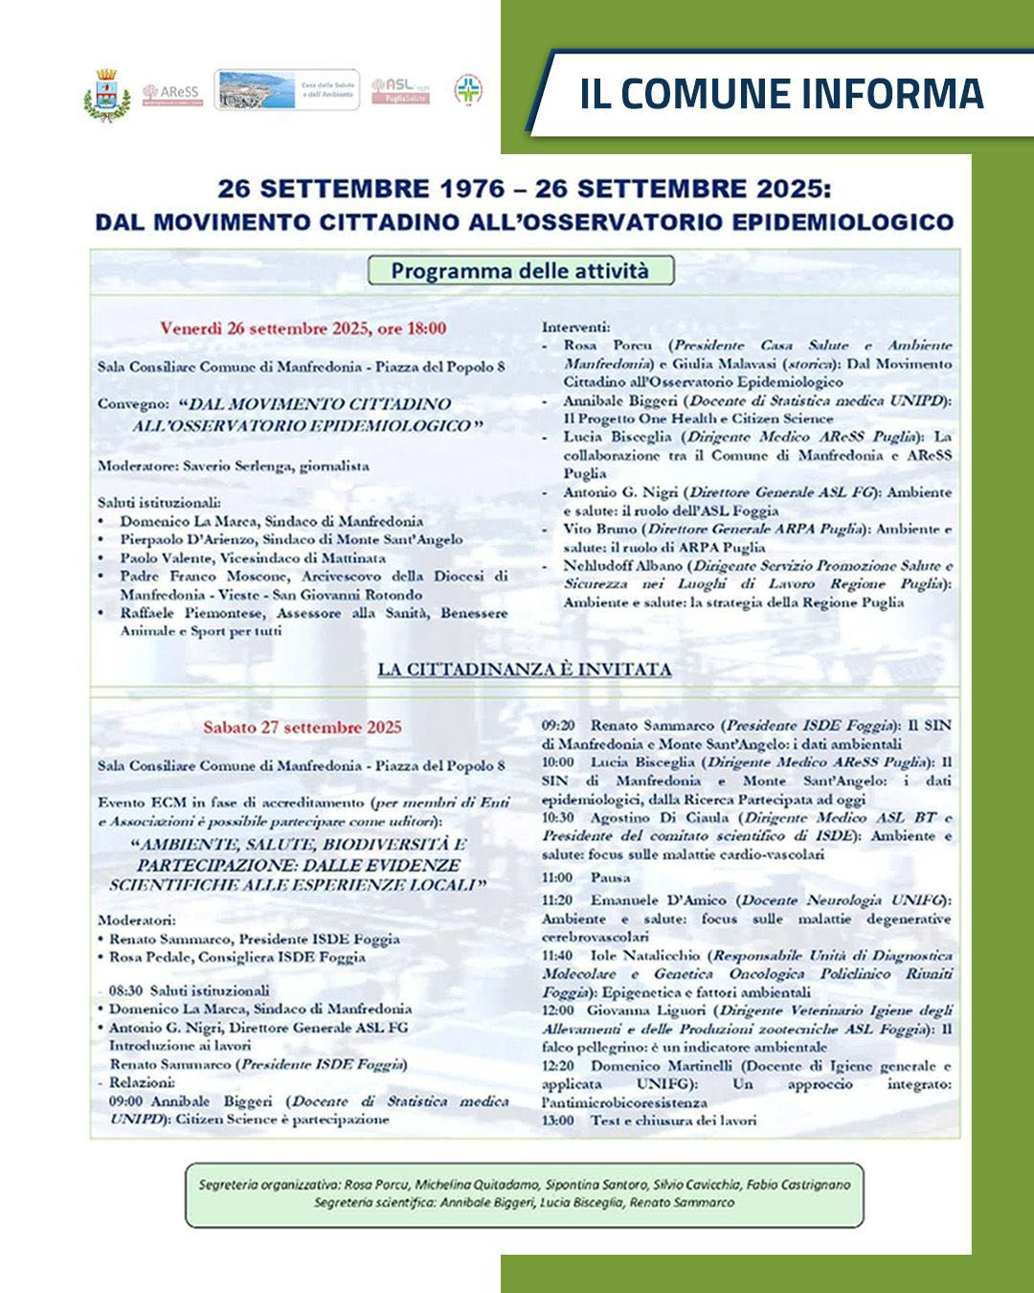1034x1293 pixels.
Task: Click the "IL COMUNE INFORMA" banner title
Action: (781, 94)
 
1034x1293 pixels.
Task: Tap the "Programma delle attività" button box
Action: (520, 270)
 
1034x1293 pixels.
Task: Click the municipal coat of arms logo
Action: (106, 94)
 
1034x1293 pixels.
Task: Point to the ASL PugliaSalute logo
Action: (400, 91)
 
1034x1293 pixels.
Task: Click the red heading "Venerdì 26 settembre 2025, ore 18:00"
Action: (303, 329)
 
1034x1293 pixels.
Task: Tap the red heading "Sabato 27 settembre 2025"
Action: (303, 727)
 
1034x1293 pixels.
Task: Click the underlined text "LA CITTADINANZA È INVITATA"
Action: (525, 669)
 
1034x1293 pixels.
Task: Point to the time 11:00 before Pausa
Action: (557, 877)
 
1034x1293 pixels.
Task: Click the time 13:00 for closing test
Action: (557, 1120)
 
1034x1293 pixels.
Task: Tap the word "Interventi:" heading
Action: (575, 328)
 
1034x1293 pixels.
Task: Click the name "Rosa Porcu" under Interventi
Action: (608, 346)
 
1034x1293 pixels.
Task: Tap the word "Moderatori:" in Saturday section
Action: (137, 919)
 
